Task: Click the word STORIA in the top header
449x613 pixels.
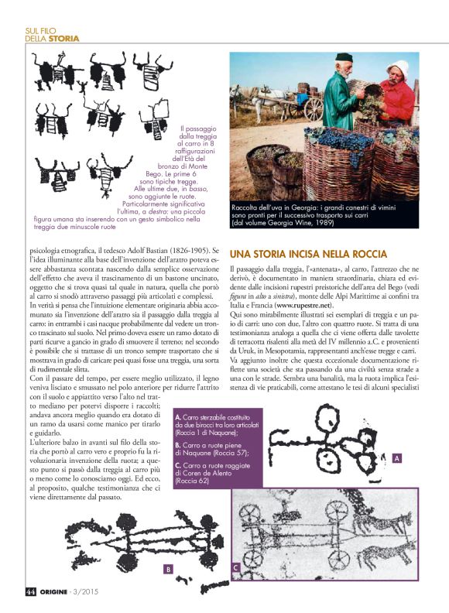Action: coord(63,38)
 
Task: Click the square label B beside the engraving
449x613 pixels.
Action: coord(167,569)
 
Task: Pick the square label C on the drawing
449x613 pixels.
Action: coord(235,570)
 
